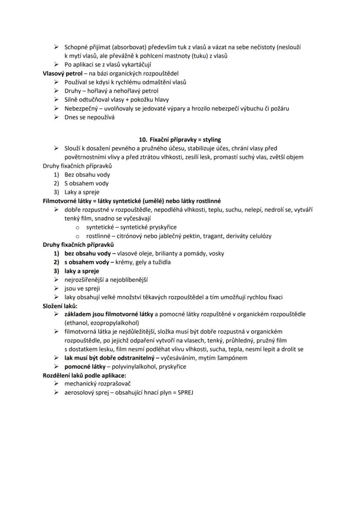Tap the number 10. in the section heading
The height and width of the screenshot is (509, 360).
coord(143,140)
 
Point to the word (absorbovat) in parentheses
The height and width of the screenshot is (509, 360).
coord(114,47)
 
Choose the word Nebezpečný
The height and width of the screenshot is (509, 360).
coord(80,108)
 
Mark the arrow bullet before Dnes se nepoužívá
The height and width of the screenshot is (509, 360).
coord(56,117)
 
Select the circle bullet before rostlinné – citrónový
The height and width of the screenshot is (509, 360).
coord(77,236)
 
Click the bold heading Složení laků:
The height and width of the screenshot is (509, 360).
coord(59,306)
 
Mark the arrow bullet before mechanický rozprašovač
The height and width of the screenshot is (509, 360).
coord(56,384)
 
